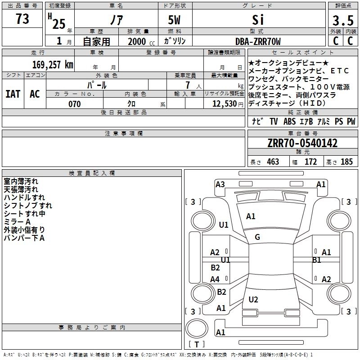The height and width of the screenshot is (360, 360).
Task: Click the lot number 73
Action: (x=22, y=19)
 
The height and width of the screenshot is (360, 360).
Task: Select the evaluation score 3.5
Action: (x=342, y=21)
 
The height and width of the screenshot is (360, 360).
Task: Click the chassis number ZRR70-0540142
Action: (x=302, y=144)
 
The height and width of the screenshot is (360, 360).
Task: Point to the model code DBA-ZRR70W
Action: (x=258, y=41)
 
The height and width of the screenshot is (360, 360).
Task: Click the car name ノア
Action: (x=115, y=20)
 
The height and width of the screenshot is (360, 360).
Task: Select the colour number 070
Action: (x=74, y=104)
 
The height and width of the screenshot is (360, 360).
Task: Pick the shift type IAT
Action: (x=13, y=94)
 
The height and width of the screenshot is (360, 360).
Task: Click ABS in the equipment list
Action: (x=289, y=121)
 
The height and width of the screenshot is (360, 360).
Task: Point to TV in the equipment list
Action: (x=274, y=121)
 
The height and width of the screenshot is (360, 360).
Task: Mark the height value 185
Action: (x=346, y=162)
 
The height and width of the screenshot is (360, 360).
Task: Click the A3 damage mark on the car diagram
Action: (x=220, y=184)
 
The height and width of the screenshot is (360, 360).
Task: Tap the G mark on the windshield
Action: (x=257, y=237)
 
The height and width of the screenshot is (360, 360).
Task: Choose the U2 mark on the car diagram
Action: (x=253, y=300)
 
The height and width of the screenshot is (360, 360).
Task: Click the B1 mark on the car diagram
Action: (x=317, y=260)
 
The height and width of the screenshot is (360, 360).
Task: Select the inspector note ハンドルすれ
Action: (x=24, y=197)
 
